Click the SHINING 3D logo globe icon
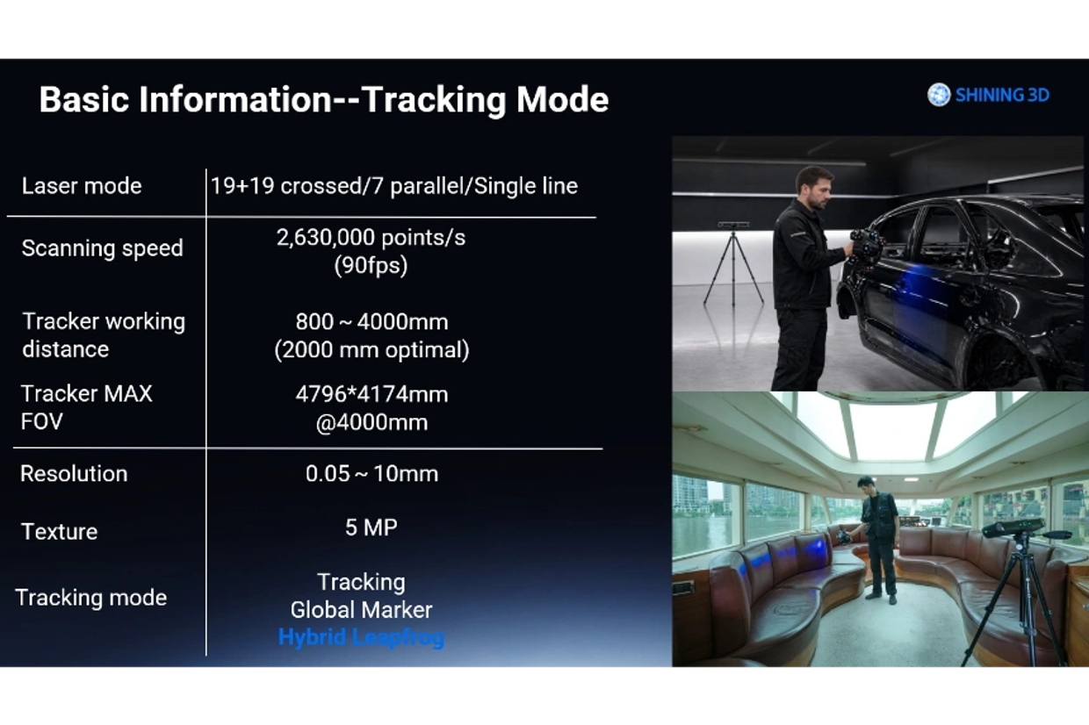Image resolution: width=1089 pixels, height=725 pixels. tap(938, 95)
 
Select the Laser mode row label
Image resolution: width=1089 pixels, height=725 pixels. tap(82, 186)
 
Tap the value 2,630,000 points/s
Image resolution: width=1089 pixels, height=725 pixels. tap(371, 238)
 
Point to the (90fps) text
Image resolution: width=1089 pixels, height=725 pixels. tap(371, 266)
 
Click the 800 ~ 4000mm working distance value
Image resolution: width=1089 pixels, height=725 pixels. tap(371, 322)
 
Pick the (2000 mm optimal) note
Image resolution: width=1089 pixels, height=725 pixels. tap(371, 350)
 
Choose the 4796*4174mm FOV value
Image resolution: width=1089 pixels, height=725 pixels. tap(371, 395)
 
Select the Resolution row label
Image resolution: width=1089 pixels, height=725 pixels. tap(74, 474)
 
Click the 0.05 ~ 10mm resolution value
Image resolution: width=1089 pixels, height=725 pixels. tap(371, 474)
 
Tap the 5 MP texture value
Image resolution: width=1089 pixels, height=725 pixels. tap(371, 528)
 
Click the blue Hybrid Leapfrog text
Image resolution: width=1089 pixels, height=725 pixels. tap(361, 637)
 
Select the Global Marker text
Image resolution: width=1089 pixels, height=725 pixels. tap(361, 610)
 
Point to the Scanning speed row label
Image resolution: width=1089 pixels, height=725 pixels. tap(102, 248)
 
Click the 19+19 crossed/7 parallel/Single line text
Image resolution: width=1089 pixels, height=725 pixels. tap(394, 186)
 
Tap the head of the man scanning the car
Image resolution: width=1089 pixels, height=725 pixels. tap(813, 187)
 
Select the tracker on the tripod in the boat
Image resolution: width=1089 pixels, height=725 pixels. tap(1013, 527)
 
